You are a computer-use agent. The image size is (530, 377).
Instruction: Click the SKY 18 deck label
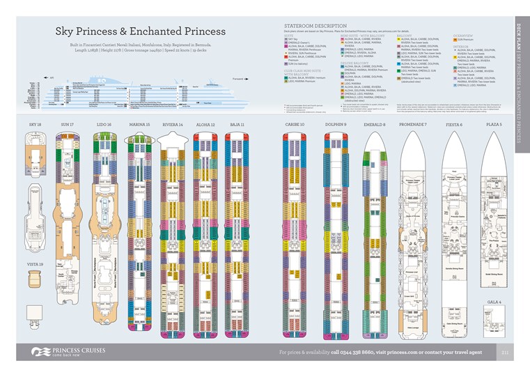pos(36,124)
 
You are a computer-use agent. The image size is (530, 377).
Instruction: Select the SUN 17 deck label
pos(67,124)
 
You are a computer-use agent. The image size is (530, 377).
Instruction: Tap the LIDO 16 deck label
pos(104,124)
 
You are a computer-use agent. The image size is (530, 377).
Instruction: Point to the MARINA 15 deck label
pos(139,124)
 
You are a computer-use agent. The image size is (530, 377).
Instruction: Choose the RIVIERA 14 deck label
pos(172,124)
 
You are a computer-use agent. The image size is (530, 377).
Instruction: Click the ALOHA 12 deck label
pos(205,124)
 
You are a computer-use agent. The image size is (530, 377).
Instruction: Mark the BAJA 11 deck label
pos(238,124)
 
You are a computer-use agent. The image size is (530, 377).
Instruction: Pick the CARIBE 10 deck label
pos(295,124)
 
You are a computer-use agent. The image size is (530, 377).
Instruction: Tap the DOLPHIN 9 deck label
pos(335,124)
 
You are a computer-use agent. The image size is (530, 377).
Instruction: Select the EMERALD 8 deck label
pos(375,124)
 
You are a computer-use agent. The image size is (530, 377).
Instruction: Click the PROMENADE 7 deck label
pos(413,124)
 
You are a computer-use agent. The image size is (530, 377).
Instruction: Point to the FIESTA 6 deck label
pos(454,124)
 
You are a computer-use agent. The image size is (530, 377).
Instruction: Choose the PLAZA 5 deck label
pos(494,124)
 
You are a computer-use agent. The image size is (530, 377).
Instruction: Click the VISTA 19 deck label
pos(35,265)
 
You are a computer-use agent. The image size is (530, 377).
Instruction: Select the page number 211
pos(507,352)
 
